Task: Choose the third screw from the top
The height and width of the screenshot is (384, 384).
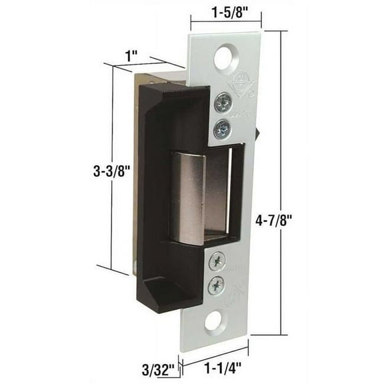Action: pos(218,264)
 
